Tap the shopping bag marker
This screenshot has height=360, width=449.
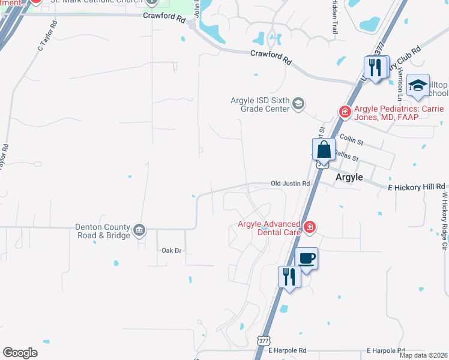click(x=324, y=150)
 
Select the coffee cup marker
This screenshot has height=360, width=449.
click(x=307, y=259)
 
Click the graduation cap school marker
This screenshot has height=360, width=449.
click(x=418, y=86)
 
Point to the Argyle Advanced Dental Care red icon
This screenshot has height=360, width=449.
click(x=309, y=227)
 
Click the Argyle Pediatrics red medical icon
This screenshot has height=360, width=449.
click(x=345, y=111)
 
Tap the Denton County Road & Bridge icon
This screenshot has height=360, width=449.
click(x=139, y=228)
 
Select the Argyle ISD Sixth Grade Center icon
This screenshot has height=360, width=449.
click(x=298, y=105)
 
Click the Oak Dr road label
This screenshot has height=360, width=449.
click(x=172, y=250)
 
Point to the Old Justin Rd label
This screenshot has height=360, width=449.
click(x=290, y=184)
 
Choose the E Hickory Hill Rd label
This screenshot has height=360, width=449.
click(x=417, y=187)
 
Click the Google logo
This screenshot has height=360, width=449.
click(x=20, y=353)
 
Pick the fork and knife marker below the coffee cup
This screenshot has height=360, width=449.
click(x=289, y=277)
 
